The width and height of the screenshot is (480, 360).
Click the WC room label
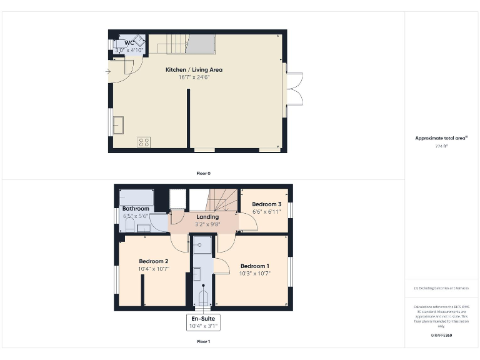pyautogui.click(x=129, y=42)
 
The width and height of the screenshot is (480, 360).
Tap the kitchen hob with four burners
pyautogui.click(x=143, y=142)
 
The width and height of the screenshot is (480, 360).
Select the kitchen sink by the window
pyautogui.click(x=119, y=126)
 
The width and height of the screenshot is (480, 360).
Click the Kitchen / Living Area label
pyautogui.click(x=194, y=70)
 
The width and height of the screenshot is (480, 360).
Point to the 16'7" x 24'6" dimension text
pyautogui.click(x=194, y=77)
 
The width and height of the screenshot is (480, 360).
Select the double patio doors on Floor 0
pyautogui.click(x=294, y=89)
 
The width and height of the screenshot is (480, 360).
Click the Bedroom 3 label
pyautogui.click(x=266, y=204)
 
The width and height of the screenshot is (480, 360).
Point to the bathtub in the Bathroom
pyautogui.click(x=136, y=196)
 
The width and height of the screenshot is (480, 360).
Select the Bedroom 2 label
pyautogui.click(x=153, y=261)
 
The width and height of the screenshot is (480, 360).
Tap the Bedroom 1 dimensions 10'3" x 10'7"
pyautogui.click(x=254, y=272)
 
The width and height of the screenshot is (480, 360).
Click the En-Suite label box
pyautogui.click(x=204, y=322)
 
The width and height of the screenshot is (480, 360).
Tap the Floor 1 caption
pyautogui.click(x=203, y=342)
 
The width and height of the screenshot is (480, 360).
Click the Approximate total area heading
pyautogui.click(x=441, y=138)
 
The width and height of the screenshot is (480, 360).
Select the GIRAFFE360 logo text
pyautogui.click(x=441, y=336)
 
